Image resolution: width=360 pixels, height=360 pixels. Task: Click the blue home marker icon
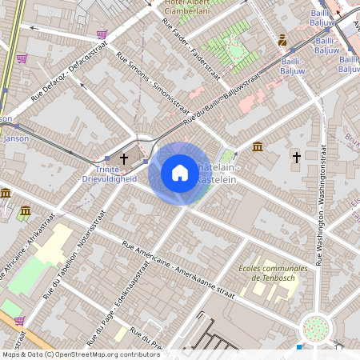180,173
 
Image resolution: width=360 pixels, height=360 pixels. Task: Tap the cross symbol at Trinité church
123,159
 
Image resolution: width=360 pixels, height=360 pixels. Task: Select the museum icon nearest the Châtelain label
258,146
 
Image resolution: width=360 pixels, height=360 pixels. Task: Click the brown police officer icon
282,40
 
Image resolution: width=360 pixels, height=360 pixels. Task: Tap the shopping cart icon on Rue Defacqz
102,34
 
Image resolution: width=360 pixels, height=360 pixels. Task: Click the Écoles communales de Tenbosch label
274,273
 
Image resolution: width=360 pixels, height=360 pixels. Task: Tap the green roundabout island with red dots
317,327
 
